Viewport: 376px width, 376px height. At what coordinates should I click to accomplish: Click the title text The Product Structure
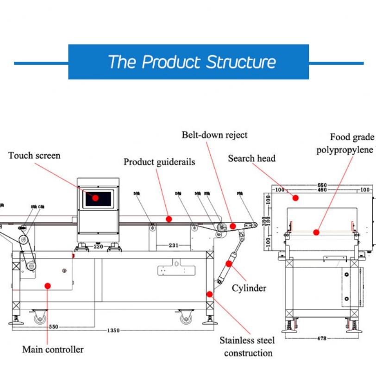pyautogui.click(x=192, y=62)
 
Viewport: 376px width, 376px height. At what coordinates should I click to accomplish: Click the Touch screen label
pyautogui.click(x=34, y=156)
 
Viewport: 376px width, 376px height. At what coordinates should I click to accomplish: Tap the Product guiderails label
pyautogui.click(x=159, y=162)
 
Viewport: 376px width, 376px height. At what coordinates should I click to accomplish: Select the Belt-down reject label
pyautogui.click(x=214, y=135)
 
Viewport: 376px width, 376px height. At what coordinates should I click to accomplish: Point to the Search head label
pyautogui.click(x=251, y=158)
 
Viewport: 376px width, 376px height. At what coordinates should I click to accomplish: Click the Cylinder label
pyautogui.click(x=249, y=288)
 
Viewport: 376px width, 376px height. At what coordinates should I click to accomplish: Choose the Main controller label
pyautogui.click(x=53, y=349)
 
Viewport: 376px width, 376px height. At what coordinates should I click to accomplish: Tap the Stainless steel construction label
pyautogui.click(x=247, y=346)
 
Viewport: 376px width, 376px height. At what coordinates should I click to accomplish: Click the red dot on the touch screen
pyautogui.click(x=95, y=198)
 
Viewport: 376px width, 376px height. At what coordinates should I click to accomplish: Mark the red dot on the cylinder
pyautogui.click(x=229, y=263)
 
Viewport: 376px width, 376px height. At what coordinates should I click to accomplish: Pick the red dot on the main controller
pyautogui.click(x=47, y=286)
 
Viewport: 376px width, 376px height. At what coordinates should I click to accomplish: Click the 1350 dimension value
pyautogui.click(x=113, y=330)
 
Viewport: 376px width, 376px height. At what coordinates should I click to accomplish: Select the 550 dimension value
pyautogui.click(x=54, y=326)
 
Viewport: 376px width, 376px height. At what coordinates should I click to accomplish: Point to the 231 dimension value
pyautogui.click(x=173, y=245)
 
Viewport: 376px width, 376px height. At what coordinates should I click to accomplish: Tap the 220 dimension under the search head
pyautogui.click(x=98, y=247)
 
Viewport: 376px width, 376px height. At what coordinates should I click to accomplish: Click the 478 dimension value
pyautogui.click(x=321, y=338)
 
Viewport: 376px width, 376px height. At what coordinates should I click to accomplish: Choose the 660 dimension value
pyautogui.click(x=322, y=185)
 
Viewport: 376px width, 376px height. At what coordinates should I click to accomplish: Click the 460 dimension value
pyautogui.click(x=322, y=190)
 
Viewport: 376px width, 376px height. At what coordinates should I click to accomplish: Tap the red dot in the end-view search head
pyautogui.click(x=295, y=198)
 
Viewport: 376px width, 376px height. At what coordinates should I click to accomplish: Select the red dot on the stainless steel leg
pyautogui.click(x=209, y=294)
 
